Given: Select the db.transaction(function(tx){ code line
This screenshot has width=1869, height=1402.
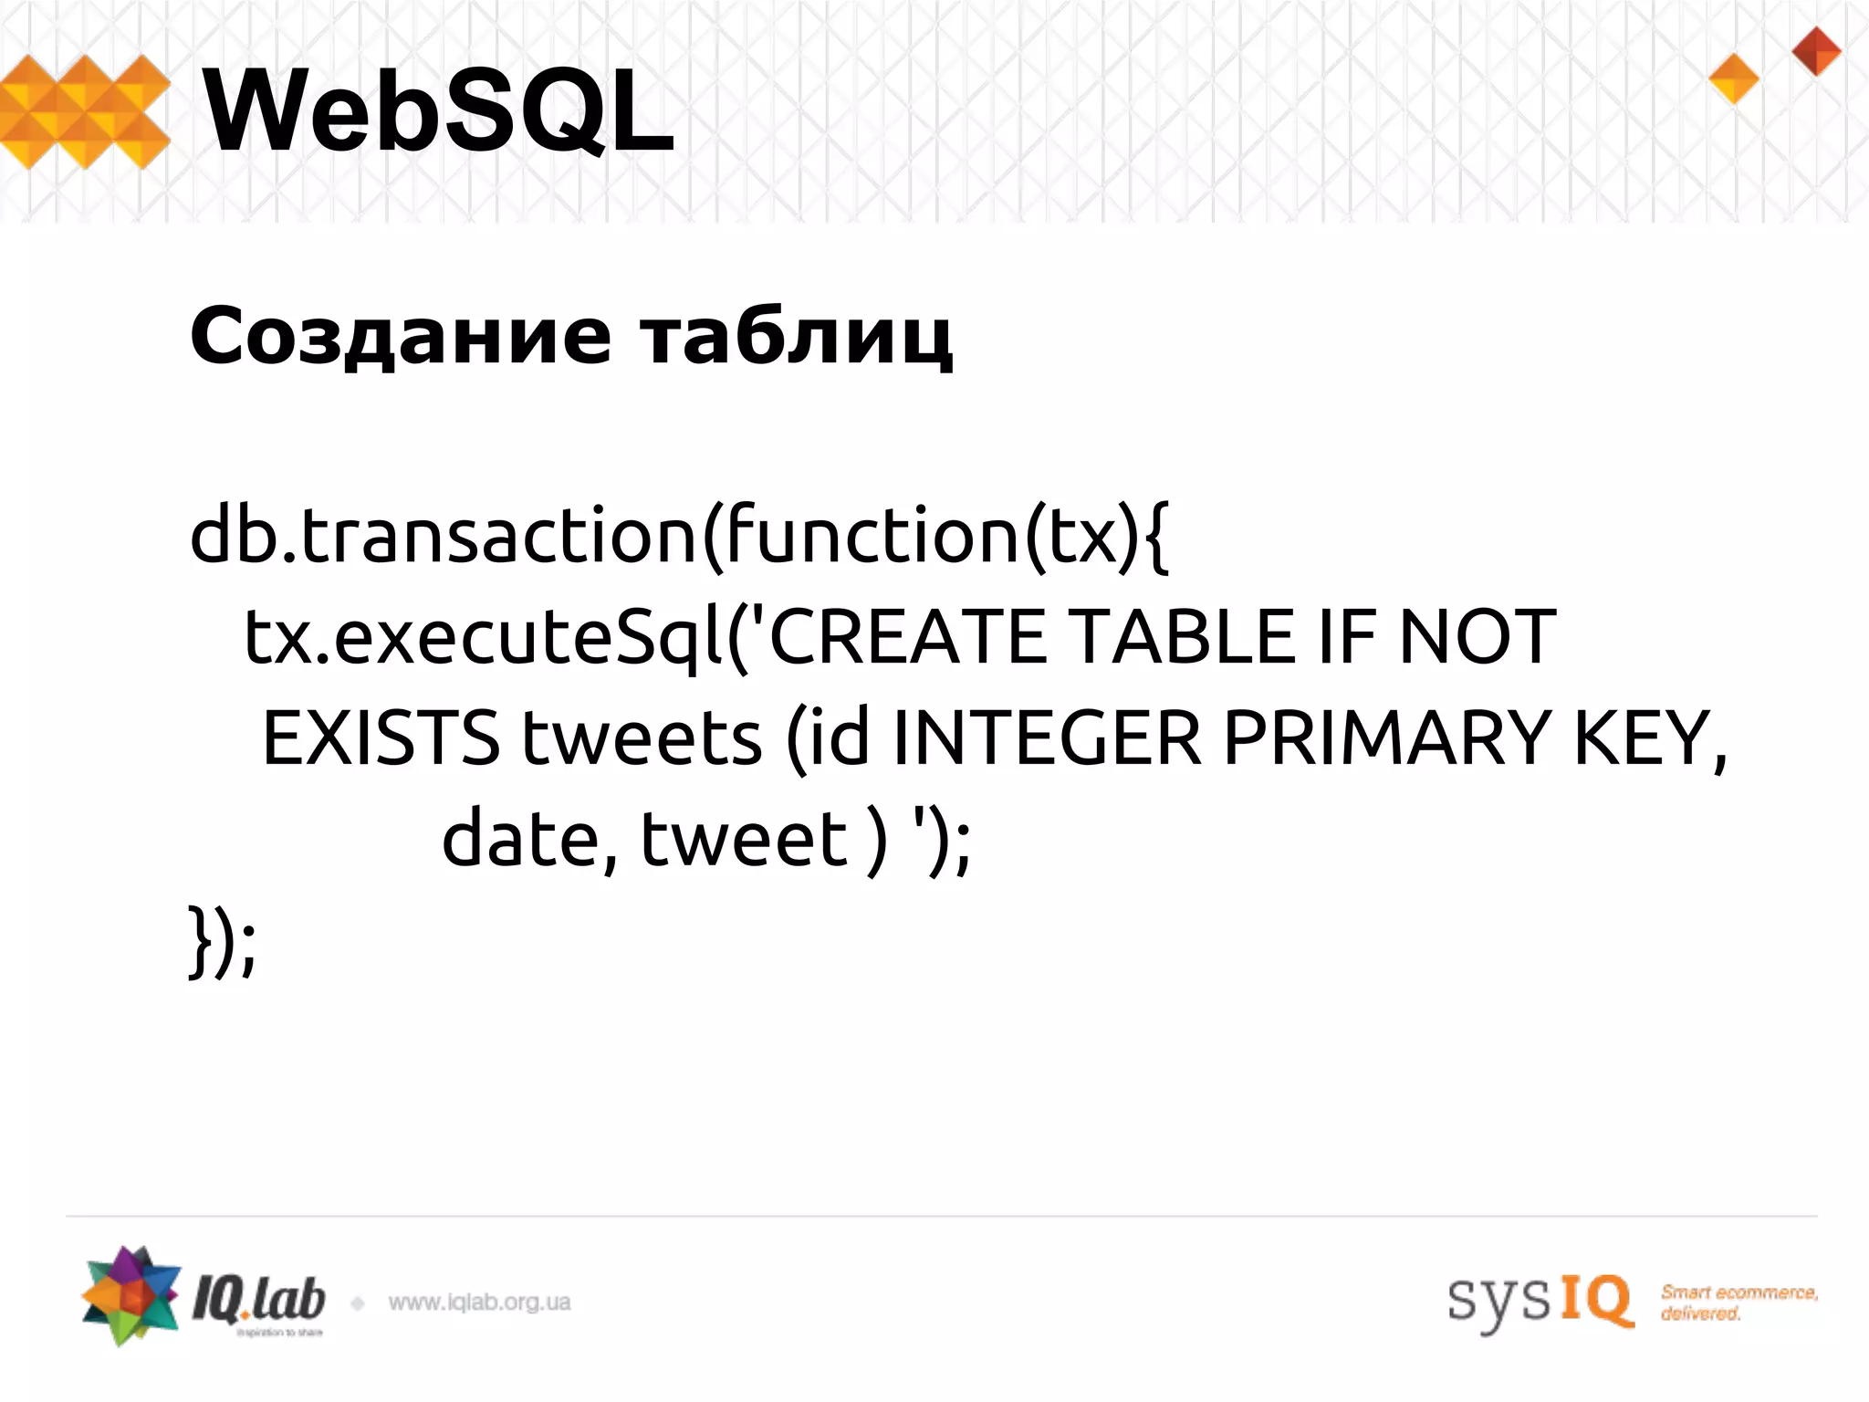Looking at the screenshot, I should (679, 537).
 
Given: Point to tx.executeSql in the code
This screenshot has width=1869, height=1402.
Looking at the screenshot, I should (484, 638).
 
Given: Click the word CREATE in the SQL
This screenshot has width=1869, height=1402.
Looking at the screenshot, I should (908, 636).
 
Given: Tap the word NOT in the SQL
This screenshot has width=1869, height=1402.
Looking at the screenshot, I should (1477, 636).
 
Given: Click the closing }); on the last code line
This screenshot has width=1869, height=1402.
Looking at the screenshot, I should (222, 942).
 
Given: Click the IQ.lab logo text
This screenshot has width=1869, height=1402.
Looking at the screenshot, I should (258, 1300).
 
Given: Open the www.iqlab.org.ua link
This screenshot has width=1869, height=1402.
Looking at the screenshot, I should (479, 1303).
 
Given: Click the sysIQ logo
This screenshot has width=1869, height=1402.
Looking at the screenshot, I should (1540, 1300).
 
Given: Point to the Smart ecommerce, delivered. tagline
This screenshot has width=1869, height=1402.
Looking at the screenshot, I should (1738, 1303).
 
